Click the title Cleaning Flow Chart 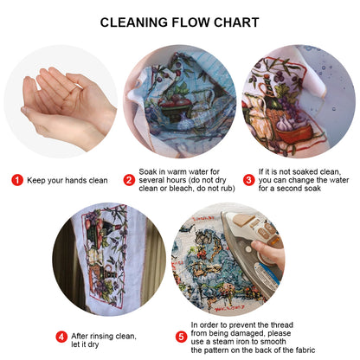tap(179, 22)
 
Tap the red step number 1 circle tap(16, 180)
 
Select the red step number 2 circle tap(129, 180)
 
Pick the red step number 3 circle tap(248, 180)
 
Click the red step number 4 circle tap(61, 337)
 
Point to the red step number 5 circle tap(181, 337)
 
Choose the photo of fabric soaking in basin tap(180, 102)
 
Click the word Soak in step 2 tap(150, 171)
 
